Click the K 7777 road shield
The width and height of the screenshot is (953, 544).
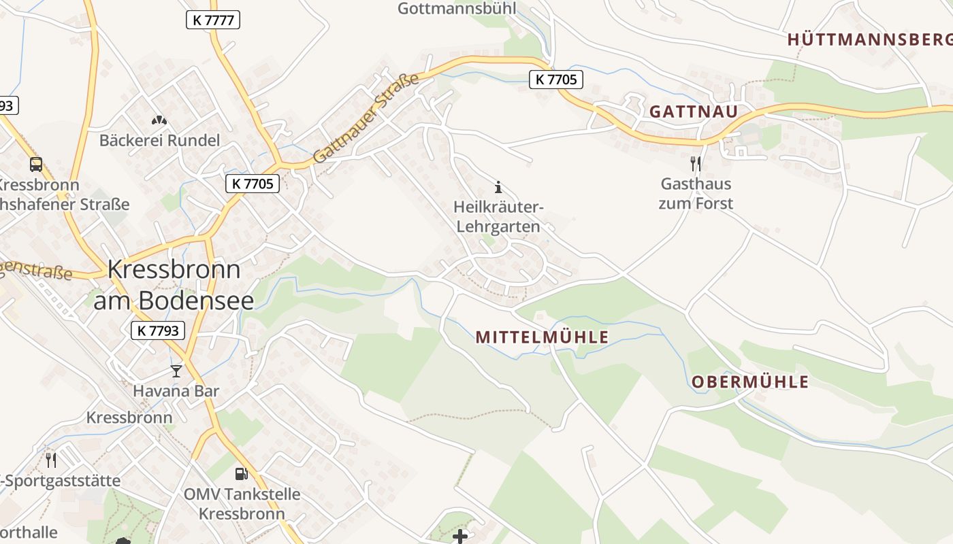click(x=213, y=20)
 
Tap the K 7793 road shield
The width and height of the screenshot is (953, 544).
click(x=157, y=330)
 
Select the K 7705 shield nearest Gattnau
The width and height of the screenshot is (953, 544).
click(x=556, y=80)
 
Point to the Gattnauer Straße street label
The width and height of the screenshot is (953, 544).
click(x=366, y=119)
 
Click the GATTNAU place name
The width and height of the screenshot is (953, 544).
click(x=694, y=112)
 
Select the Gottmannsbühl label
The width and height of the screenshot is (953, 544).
click(x=457, y=8)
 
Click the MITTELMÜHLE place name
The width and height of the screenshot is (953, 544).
click(x=542, y=337)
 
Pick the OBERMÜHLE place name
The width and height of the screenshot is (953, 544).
click(x=750, y=382)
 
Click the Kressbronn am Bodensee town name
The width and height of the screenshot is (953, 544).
click(x=174, y=285)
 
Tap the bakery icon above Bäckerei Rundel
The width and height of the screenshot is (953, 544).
click(x=159, y=120)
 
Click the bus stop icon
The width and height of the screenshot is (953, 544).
click(x=36, y=164)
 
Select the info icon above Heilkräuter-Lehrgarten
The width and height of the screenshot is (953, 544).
click(x=498, y=187)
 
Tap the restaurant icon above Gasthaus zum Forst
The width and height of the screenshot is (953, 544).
click(x=695, y=163)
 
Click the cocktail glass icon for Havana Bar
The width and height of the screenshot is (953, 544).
click(x=176, y=371)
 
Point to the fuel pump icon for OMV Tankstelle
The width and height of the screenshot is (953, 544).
click(x=241, y=473)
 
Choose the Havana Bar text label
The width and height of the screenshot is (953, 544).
click(x=176, y=391)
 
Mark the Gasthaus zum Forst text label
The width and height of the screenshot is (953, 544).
click(x=696, y=193)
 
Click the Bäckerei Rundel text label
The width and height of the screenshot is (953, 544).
click(x=160, y=141)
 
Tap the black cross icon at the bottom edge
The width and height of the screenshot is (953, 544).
click(x=460, y=536)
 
